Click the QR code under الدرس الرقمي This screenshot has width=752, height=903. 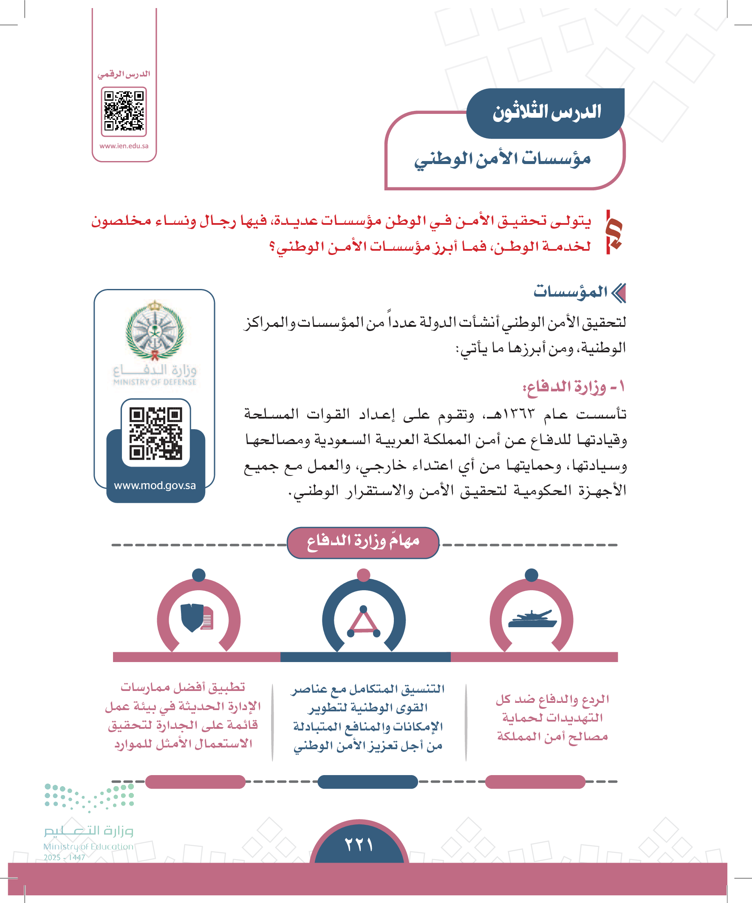click(x=124, y=111)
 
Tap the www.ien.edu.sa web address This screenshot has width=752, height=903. click(x=124, y=146)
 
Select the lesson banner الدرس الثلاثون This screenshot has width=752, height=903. click(x=546, y=113)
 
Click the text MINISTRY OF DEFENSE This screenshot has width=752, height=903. click(x=155, y=382)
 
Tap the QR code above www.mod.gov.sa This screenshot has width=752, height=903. click(x=155, y=433)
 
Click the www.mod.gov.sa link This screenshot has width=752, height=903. click(x=155, y=485)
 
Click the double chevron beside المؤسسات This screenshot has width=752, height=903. click(x=619, y=293)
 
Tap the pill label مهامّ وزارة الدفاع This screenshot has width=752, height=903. click(x=363, y=541)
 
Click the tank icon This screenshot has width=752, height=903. click(x=532, y=620)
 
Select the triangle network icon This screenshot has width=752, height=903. click(x=364, y=622)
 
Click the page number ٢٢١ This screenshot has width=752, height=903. click(x=359, y=844)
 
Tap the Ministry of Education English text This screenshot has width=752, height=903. click(x=88, y=846)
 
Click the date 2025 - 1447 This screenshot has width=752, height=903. click(x=65, y=858)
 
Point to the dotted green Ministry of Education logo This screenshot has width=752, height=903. click(x=89, y=797)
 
